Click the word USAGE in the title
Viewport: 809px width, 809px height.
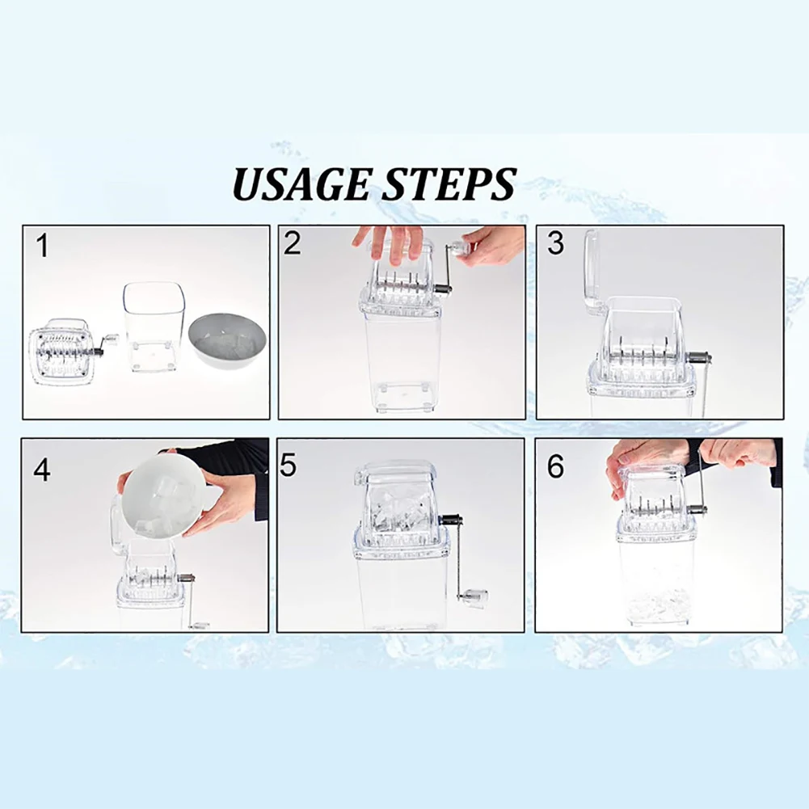point(301,183)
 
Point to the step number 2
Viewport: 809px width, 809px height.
point(292,242)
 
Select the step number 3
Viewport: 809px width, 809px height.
point(556,243)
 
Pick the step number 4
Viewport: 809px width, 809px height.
point(42,470)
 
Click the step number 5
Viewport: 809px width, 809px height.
point(288,466)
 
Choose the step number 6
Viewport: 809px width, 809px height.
point(556,466)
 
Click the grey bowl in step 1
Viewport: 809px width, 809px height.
point(228,340)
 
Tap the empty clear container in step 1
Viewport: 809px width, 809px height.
point(154,326)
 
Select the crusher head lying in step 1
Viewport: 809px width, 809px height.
point(70,352)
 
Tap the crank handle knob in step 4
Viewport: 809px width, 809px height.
point(199,626)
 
